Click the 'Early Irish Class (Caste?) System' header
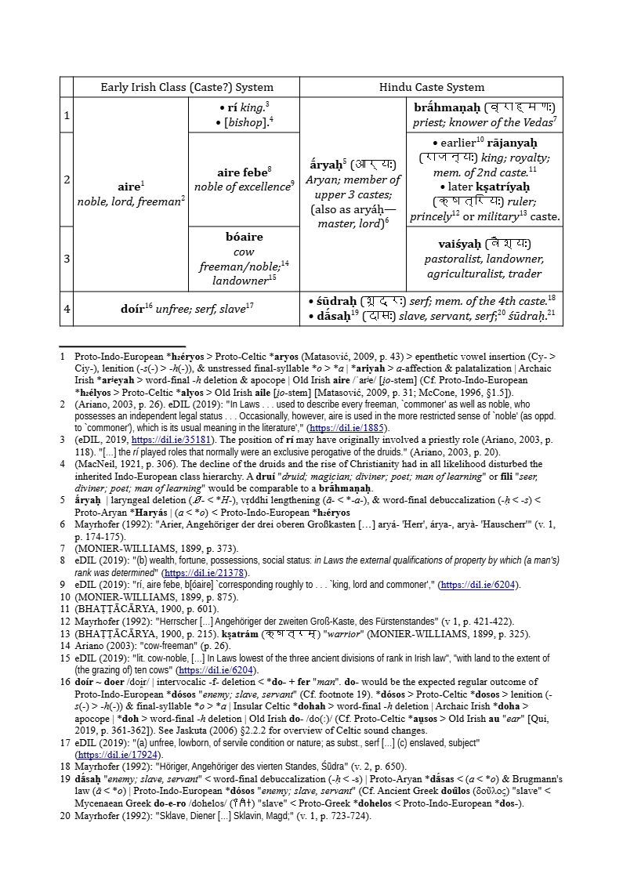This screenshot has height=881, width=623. click(x=186, y=87)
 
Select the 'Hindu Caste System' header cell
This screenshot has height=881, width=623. click(x=431, y=87)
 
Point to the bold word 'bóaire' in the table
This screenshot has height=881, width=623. click(x=244, y=237)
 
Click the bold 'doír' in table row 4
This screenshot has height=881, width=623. click(x=132, y=309)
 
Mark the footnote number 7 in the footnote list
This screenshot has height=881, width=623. click(x=62, y=548)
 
